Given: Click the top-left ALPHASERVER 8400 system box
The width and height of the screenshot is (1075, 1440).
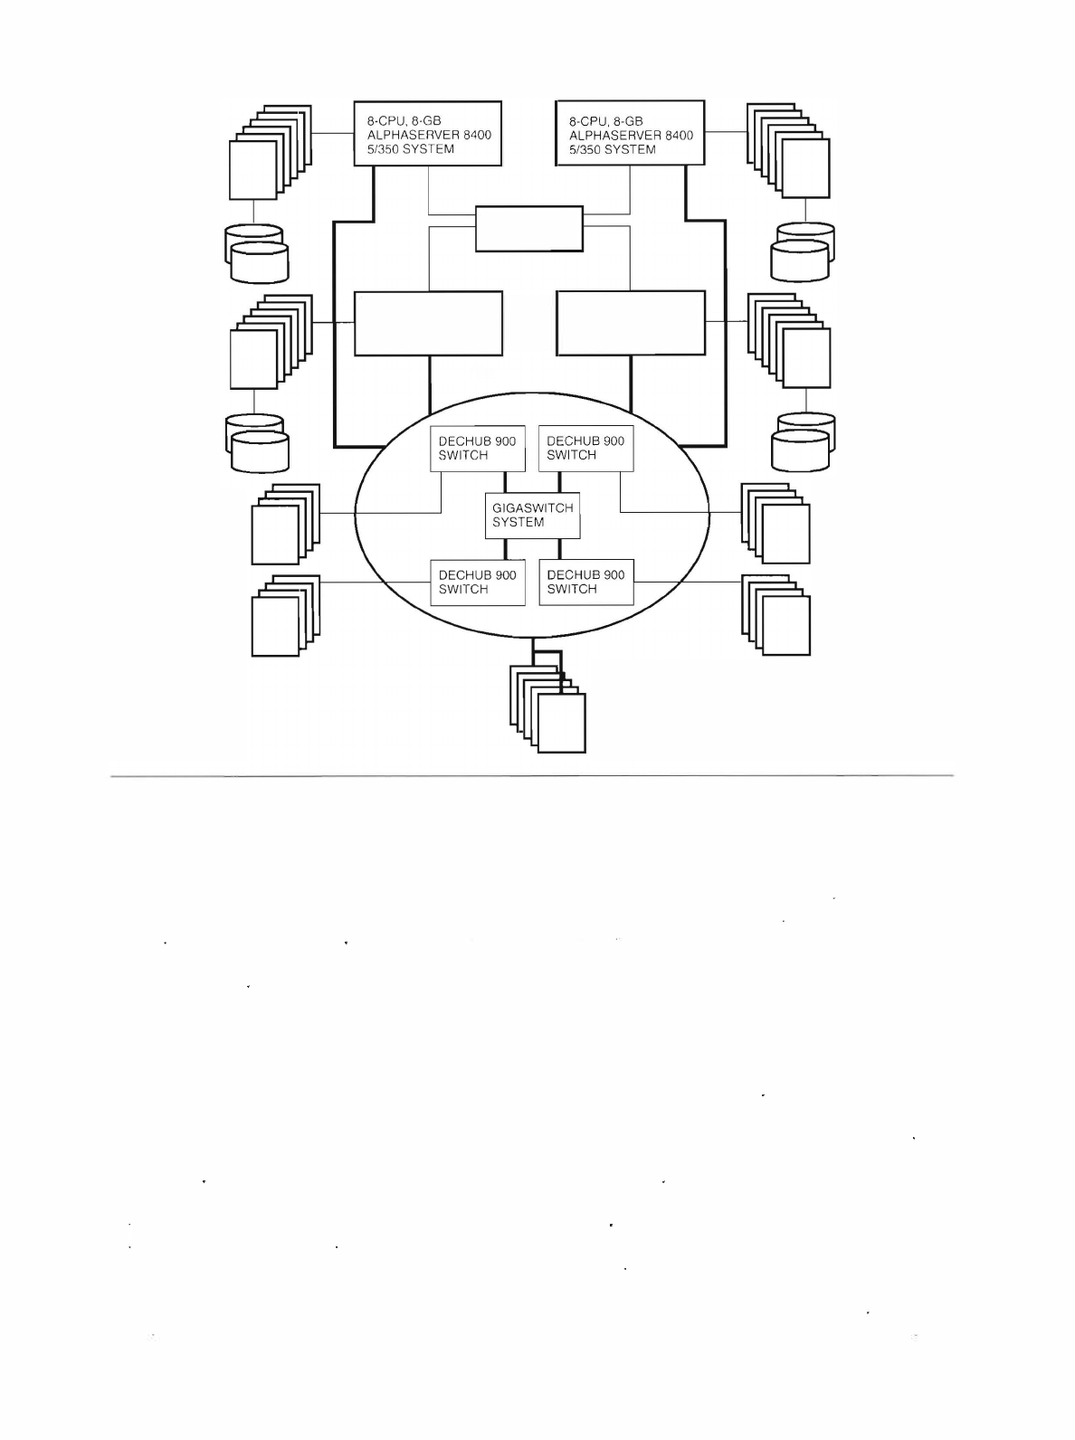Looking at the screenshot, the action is point(427,133).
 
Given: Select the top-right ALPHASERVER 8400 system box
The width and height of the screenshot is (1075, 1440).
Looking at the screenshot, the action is point(630,133).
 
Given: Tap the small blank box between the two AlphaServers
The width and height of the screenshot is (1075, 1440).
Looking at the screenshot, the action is point(529,229).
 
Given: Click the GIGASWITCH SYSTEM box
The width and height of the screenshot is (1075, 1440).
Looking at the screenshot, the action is point(532,516).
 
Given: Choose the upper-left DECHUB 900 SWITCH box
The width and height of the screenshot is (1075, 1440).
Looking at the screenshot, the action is point(477,449).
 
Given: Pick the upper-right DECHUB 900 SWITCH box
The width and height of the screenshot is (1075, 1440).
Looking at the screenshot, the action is point(585,449).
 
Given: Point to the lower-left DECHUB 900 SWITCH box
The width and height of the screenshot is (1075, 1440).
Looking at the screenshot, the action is point(477,582).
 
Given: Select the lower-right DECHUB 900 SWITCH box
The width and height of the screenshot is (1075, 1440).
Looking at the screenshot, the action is point(585,582).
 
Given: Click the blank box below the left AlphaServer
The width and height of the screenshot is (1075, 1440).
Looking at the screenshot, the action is point(428,323).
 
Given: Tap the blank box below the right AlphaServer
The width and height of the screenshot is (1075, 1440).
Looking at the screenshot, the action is point(631,323).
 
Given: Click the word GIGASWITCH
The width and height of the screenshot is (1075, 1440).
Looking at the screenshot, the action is point(532,508).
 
